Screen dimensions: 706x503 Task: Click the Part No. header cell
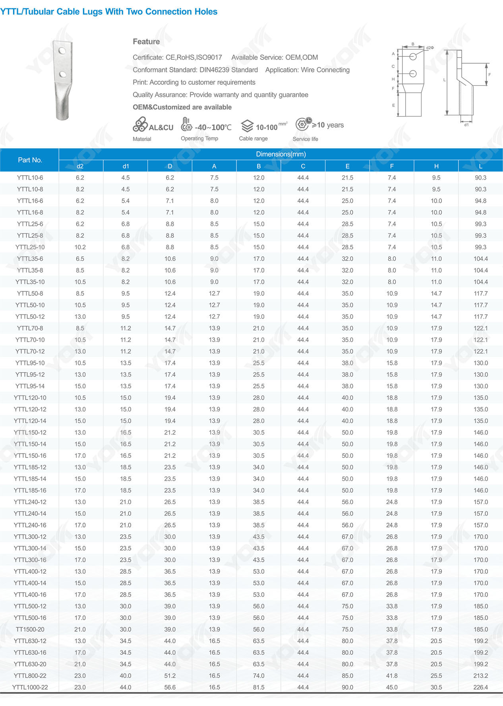pyautogui.click(x=30, y=160)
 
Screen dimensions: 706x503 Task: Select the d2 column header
pyautogui.click(x=80, y=166)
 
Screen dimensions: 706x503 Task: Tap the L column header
pyautogui.click(x=480, y=166)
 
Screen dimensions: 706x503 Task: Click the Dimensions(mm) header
pyautogui.click(x=281, y=154)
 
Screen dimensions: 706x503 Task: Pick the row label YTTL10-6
pyautogui.click(x=30, y=178)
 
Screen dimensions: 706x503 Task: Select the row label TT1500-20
pyautogui.click(x=30, y=629)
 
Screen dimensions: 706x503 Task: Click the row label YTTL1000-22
pyautogui.click(x=30, y=687)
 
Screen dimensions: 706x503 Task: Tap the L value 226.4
pyautogui.click(x=480, y=687)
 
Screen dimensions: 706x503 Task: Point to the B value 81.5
pyautogui.click(x=259, y=687)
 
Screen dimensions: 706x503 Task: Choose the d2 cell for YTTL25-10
pyautogui.click(x=80, y=247)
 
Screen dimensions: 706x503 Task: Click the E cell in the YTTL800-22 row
pyautogui.click(x=347, y=676)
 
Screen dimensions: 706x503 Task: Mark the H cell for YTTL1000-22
pyautogui.click(x=436, y=687)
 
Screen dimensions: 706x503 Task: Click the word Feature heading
pyautogui.click(x=146, y=42)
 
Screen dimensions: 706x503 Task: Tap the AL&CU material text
pyautogui.click(x=161, y=128)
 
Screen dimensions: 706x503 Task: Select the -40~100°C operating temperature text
pyautogui.click(x=213, y=128)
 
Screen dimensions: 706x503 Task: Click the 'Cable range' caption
pyautogui.click(x=253, y=139)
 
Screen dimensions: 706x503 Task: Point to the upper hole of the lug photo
pyautogui.click(x=62, y=51)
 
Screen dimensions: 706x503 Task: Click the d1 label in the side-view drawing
pyautogui.click(x=466, y=125)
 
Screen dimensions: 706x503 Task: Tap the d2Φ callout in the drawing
pyautogui.click(x=430, y=48)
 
